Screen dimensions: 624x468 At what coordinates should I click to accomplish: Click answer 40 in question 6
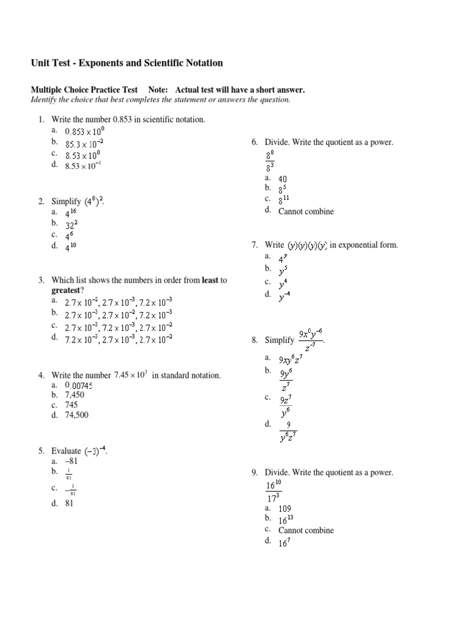pos(283,179)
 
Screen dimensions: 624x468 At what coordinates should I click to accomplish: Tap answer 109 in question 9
pos(285,508)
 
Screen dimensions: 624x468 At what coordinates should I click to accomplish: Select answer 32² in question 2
pos(71,224)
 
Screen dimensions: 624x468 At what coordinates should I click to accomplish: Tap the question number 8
pos(254,341)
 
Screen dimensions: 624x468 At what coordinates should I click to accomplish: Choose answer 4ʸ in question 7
pos(283,258)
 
